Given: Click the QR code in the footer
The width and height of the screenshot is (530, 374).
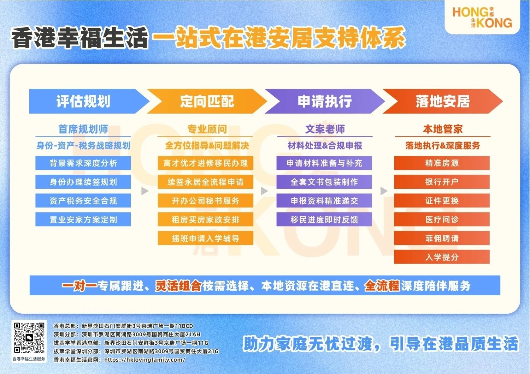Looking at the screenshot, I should tap(29, 338).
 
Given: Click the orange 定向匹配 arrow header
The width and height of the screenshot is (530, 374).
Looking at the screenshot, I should tap(207, 101).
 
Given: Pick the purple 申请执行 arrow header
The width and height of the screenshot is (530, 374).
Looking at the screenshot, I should tap(325, 101).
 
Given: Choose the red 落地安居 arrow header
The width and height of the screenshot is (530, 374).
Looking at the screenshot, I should tap(442, 101).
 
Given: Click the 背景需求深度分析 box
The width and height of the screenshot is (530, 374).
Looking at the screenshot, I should tap(83, 163).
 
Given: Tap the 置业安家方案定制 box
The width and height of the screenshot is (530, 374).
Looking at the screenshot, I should tap(83, 219).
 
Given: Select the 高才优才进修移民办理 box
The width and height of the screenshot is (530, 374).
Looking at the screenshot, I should tap(205, 163).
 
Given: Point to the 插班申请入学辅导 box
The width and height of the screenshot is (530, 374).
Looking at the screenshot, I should tap(205, 239).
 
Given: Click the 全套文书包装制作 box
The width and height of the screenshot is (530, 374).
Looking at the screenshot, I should tap(324, 182).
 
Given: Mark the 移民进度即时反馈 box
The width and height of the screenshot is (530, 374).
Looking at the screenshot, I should tap(324, 219).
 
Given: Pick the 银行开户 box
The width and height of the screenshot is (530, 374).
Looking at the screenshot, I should tap(442, 182).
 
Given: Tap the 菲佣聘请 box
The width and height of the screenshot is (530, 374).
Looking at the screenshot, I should tap(442, 239).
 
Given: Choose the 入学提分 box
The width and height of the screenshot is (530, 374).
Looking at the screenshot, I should tap(442, 257).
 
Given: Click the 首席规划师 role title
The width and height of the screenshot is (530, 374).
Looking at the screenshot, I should tap(83, 129).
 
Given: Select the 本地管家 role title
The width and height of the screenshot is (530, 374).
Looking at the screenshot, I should tap(443, 129).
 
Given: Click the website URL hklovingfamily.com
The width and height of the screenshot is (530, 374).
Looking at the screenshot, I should tap(145, 360).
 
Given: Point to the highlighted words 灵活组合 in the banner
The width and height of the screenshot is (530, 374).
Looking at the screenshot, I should tap(178, 285).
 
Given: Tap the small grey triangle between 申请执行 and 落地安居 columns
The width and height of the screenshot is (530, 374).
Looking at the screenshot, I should tap(384, 191).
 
